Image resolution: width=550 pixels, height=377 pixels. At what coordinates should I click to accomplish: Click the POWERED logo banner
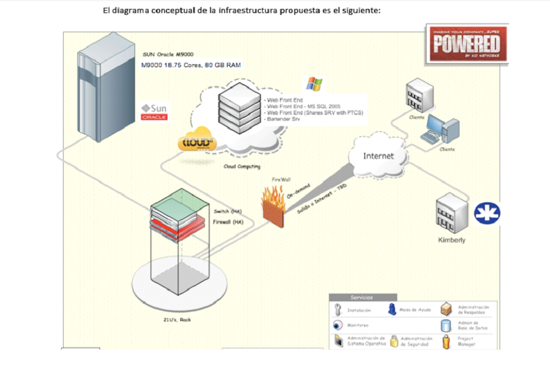point(466,43)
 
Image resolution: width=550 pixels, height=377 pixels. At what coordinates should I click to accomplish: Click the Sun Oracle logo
point(154,112)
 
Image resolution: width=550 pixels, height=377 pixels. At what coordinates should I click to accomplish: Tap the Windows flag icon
point(314,84)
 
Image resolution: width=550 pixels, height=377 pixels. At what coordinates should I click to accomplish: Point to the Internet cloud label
point(378,156)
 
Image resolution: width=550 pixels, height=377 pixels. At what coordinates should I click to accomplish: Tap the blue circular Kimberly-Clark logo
point(486,213)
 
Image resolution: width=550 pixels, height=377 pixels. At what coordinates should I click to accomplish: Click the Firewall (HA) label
point(228,222)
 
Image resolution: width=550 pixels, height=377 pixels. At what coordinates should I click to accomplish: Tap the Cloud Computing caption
point(241,166)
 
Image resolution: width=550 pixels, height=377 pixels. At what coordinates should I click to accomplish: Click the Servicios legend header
point(362,297)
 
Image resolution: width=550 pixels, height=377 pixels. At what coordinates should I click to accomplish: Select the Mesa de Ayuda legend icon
point(392,309)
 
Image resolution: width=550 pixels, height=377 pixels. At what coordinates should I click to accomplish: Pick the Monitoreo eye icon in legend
point(338,325)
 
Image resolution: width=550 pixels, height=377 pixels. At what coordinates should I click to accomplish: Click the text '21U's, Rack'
point(177,319)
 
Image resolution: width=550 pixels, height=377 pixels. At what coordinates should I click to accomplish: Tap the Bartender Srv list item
point(283,119)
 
